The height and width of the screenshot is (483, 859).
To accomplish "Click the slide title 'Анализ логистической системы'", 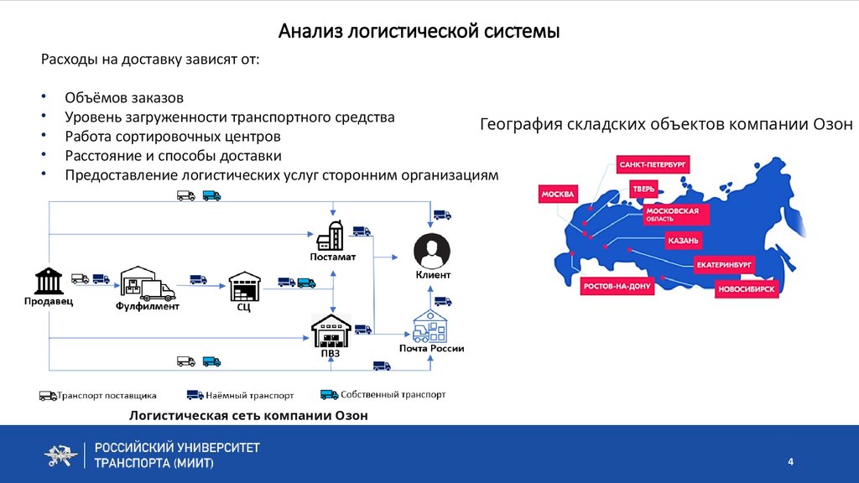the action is point(419,32).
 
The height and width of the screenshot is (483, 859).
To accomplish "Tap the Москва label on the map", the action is point(558,195).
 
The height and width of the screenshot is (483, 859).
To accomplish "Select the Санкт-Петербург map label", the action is point(653,164).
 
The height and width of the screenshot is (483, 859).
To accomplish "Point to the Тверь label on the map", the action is point(644,189).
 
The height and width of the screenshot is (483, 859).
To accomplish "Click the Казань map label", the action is point(683,241).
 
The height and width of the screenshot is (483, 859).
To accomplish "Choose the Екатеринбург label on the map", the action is point(724,265).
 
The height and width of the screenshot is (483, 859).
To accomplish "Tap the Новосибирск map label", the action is point(747,290).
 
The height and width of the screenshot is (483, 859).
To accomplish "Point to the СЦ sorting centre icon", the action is point(244,287).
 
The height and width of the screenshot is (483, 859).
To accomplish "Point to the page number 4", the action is point(789,462).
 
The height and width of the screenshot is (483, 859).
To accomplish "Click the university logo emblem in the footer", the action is point(60,454).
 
